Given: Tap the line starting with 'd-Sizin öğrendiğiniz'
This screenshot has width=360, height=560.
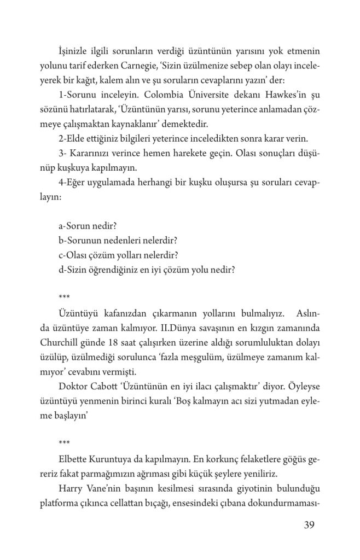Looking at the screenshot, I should point(147,270).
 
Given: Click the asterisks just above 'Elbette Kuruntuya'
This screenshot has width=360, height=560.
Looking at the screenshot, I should point(64,441).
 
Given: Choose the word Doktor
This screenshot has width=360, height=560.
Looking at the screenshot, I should point(74,386).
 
